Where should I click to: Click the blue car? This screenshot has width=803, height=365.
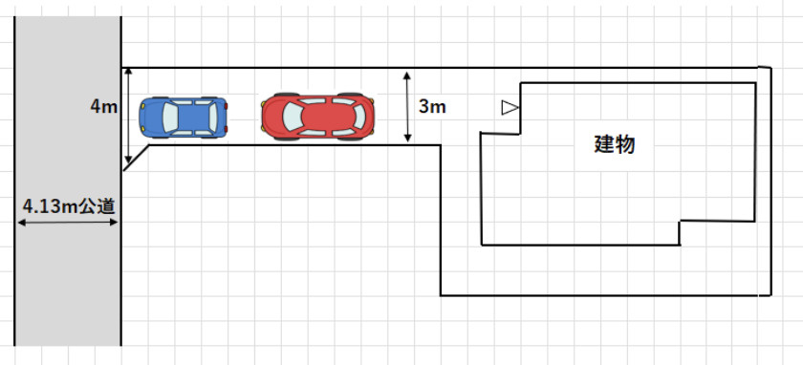tap(184, 118)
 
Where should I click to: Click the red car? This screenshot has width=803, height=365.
tap(317, 117)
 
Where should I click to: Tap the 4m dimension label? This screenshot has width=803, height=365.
tap(104, 108)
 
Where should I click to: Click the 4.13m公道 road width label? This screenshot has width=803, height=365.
tap(69, 206)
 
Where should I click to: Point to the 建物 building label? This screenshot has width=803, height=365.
tap(615, 144)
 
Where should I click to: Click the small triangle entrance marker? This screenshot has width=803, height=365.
tap(510, 108)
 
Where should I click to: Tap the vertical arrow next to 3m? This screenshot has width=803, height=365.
tap(407, 107)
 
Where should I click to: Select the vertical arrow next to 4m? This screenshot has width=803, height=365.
tap(128, 116)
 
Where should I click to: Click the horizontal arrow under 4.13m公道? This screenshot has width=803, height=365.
tap(68, 223)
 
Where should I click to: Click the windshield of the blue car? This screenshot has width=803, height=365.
tap(169, 118)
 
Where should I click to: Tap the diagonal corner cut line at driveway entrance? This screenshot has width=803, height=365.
tap(136, 158)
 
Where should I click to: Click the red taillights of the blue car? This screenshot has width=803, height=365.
tap(226, 118)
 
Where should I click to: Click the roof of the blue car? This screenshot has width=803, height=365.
tap(193, 118)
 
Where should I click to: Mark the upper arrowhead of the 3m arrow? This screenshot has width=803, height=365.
tap(407, 75)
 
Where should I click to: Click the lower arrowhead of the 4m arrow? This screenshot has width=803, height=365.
tap(128, 159)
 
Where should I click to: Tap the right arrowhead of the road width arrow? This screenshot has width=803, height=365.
tap(114, 223)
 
